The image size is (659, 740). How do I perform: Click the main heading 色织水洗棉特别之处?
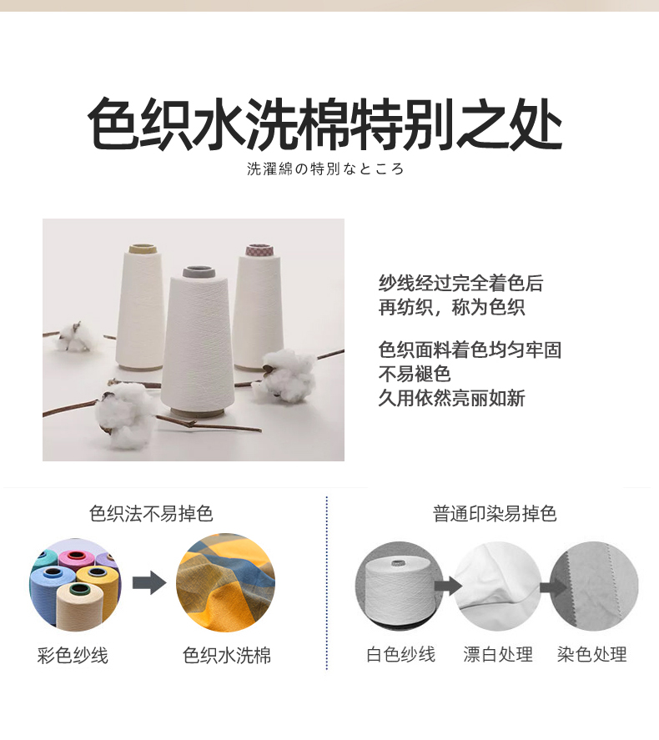click(325, 124)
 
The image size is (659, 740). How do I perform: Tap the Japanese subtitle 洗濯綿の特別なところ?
click(325, 169)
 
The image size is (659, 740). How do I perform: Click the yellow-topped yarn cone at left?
click(140, 307)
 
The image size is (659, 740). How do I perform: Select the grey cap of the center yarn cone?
click(199, 272)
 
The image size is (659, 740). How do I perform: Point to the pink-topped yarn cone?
click(259, 307)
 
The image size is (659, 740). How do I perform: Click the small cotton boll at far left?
click(75, 336)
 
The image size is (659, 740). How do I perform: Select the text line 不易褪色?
click(415, 374)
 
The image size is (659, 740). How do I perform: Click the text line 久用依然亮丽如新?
click(451, 398)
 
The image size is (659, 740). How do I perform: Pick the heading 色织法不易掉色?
click(152, 513)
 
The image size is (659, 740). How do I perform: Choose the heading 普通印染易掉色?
click(495, 513)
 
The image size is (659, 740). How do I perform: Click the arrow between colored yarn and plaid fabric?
click(149, 584)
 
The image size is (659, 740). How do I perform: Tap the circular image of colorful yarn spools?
click(75, 585)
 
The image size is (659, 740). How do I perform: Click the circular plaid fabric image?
click(225, 583)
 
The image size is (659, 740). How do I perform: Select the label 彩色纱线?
click(73, 656)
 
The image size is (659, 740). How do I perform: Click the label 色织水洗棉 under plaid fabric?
click(227, 656)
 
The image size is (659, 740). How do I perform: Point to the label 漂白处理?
click(498, 655)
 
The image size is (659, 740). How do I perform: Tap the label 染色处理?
click(592, 655)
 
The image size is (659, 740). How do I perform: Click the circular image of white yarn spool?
click(400, 586)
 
